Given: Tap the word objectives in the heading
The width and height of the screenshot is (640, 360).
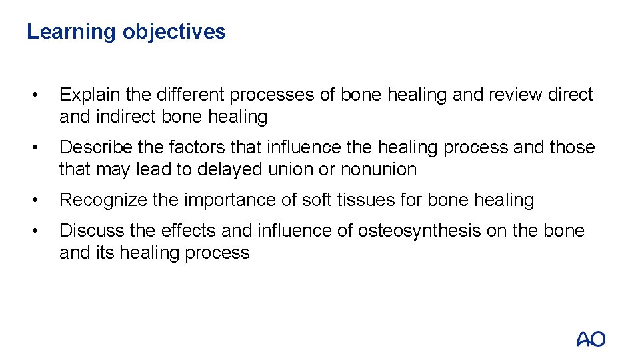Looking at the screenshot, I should coord(174,32).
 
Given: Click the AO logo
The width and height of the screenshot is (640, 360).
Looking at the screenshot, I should coord(591,339).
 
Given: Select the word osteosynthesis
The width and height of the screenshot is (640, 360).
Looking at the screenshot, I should coord(419,231).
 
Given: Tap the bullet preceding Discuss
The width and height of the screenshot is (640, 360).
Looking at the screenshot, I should coord(42,231).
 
